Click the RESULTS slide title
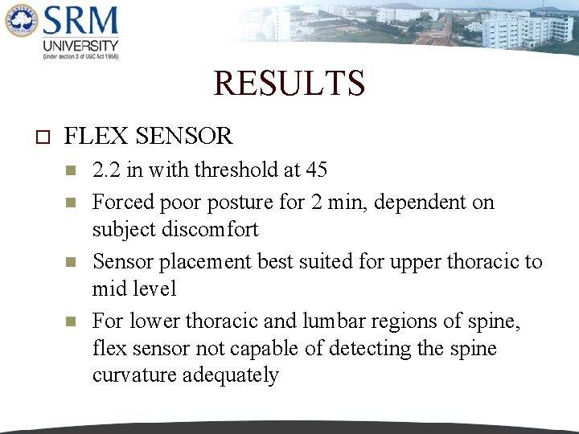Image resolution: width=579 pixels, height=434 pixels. [289, 83]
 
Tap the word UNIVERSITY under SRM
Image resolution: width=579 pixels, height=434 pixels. [80, 46]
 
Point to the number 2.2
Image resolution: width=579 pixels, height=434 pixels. [108, 170]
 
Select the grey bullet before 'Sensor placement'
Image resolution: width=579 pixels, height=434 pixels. [71, 262]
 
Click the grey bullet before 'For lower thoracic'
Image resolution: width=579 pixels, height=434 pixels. [71, 321]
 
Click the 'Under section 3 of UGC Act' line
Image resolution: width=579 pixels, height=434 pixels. [80, 57]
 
